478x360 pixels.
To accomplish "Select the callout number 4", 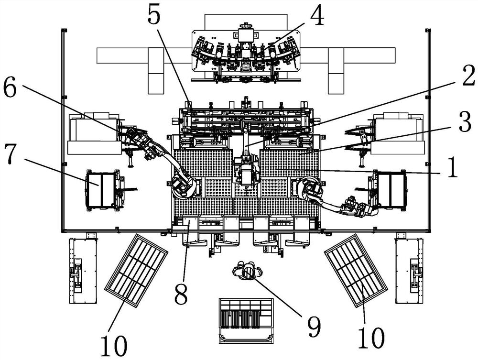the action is [317, 15].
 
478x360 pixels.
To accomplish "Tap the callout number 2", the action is [468, 75].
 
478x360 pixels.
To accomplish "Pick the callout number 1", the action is [452, 167].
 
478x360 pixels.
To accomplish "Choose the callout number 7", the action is [11, 154].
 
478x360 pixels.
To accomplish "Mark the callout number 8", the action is [181, 294].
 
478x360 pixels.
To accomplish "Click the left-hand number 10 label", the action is [114, 346].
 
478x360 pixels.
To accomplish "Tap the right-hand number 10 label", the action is [371, 338].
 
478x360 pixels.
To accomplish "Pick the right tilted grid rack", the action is [356, 270].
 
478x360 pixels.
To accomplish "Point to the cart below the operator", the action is [246, 321].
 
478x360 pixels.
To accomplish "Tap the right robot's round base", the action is [309, 187].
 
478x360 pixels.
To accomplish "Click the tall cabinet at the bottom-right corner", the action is [409, 271].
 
